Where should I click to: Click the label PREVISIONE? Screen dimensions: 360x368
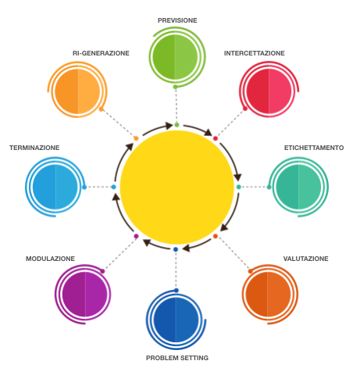pos(177,20)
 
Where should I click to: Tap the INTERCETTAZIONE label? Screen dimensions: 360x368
pos(255,53)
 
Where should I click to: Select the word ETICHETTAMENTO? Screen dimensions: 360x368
pos(314,148)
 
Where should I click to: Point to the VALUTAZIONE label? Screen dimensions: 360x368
pos(305,259)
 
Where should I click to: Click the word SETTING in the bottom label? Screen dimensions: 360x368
pos(194,358)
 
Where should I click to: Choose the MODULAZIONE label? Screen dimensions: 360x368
pos(50,259)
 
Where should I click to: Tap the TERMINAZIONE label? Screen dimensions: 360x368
pos(34,148)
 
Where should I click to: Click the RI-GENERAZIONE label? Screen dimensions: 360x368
pos(101,53)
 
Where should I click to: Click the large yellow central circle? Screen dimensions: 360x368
pos(177,187)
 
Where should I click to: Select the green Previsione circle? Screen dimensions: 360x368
pos(175,57)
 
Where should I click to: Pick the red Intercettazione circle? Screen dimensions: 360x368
pos(269,91)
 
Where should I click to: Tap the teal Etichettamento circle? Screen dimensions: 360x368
pos(298,187)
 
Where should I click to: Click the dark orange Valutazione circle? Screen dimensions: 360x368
pos(268,295)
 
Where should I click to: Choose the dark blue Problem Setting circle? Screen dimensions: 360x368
pos(176,320)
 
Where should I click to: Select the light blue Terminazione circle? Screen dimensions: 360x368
pos(55,187)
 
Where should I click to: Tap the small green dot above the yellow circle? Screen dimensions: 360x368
pos(176,125)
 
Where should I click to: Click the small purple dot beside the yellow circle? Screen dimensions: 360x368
pos(136,236)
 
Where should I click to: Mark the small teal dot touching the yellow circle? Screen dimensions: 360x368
pos(238,187)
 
